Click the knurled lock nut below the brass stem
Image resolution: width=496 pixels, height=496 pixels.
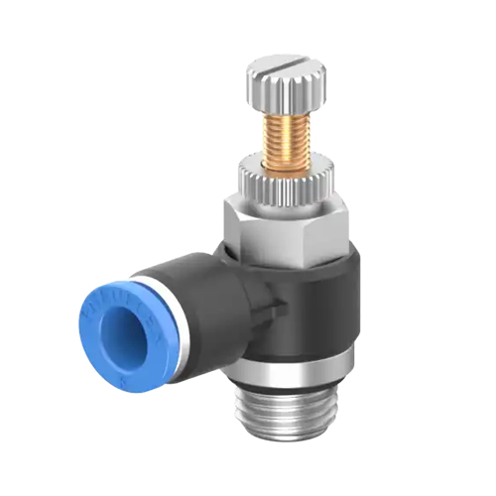(288, 187)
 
